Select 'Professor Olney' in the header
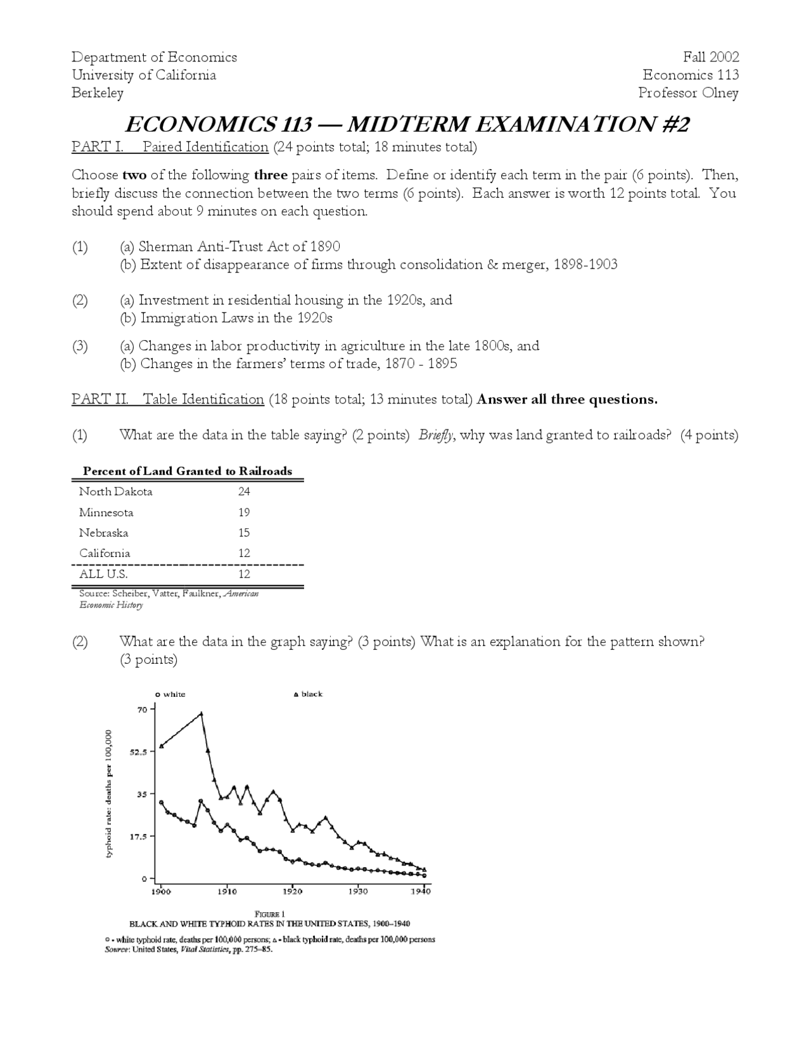pos(688,93)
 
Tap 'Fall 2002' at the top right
pos(711,57)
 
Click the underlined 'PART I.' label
pos(97,147)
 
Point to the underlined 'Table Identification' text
pos(203,399)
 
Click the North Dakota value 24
pos(244,492)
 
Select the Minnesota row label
pos(106,512)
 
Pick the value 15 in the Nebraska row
pos(244,533)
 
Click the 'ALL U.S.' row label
pos(103,574)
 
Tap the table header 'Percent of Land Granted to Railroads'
pos(188,471)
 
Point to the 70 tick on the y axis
pos(143,709)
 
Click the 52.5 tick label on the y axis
pos(139,752)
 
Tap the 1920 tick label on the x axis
pos(292,891)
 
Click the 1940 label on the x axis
pos(421,891)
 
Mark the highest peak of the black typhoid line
pos(201,713)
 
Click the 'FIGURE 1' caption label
pos(270,913)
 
